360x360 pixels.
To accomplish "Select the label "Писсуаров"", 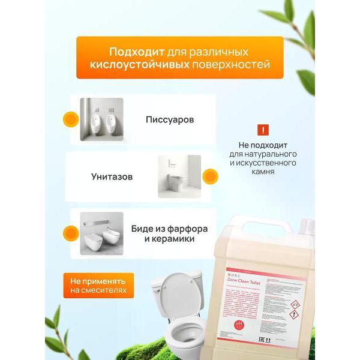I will pos(170,119).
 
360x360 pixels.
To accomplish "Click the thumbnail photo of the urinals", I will pos(101,119).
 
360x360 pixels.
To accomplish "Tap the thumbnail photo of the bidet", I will pos(101,234).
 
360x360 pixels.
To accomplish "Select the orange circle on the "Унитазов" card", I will pos(209,177).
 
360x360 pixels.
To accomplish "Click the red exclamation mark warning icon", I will pos(262,130).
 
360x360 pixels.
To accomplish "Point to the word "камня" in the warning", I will pos(263,172).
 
